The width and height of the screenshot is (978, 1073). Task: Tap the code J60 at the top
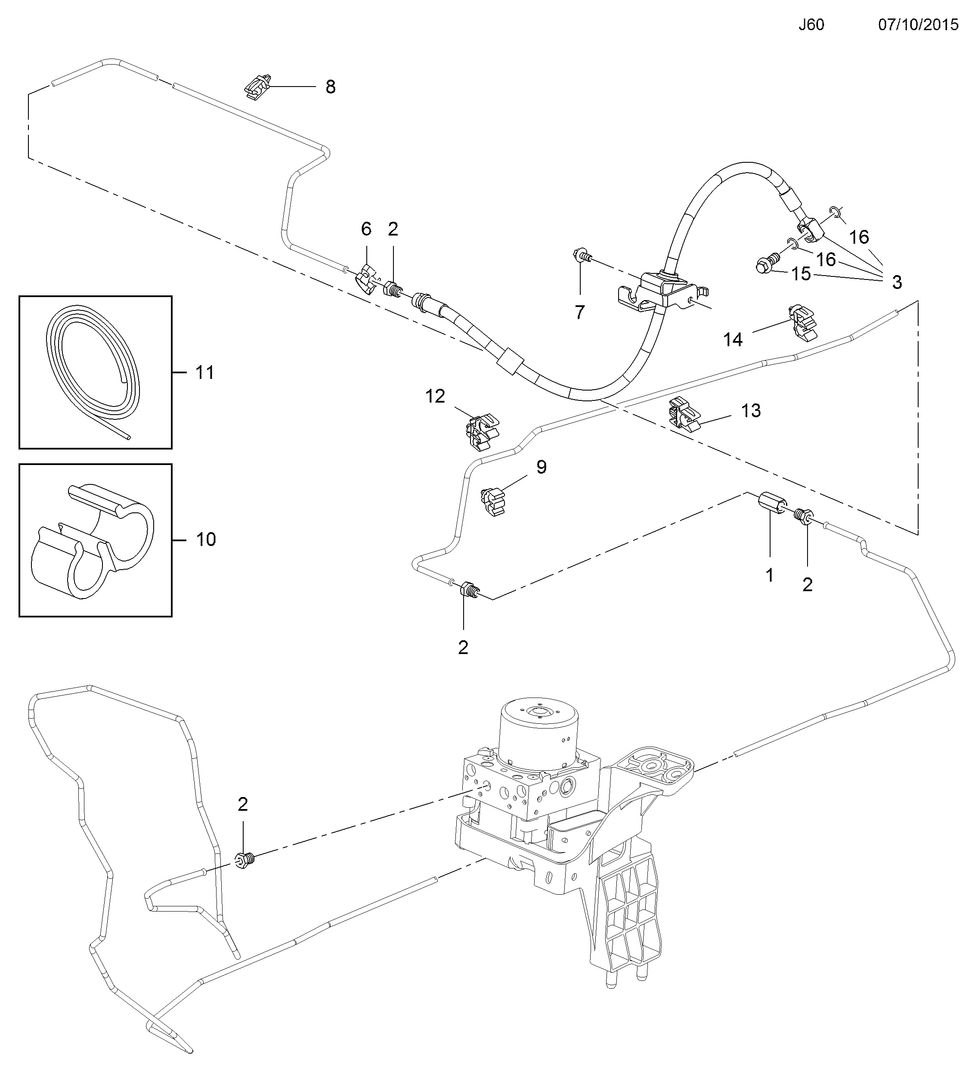click(x=811, y=25)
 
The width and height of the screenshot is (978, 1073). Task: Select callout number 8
click(x=331, y=87)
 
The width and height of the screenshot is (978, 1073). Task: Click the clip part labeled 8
click(x=259, y=86)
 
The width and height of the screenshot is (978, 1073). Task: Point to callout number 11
click(x=205, y=372)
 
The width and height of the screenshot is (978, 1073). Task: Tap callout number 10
click(x=206, y=540)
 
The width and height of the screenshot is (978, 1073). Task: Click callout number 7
click(x=580, y=312)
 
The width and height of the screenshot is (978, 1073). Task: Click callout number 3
click(x=897, y=282)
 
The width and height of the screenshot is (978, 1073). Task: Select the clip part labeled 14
click(x=802, y=322)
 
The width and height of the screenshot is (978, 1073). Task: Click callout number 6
click(x=365, y=229)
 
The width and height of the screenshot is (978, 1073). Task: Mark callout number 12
click(x=435, y=396)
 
